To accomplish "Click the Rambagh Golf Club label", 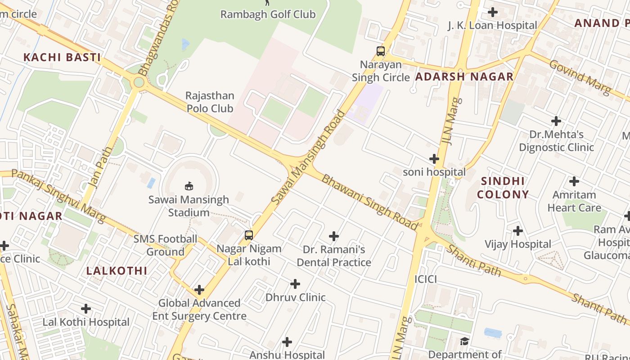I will [x=268, y=14].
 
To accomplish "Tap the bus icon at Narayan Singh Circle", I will [x=381, y=51].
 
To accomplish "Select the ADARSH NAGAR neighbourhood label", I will [x=464, y=77].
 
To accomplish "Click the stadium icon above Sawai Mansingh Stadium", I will [x=189, y=186].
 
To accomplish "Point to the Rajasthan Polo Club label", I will [x=210, y=102].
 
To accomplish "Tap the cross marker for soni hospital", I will [x=434, y=159].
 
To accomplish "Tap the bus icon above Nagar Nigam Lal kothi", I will [x=248, y=235].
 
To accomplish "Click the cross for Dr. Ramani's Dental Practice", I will [x=333, y=236].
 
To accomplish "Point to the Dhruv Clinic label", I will [x=295, y=297].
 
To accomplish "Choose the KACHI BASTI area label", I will [x=62, y=58].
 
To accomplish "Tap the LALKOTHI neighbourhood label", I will [x=117, y=271].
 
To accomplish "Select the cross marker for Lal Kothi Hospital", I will [x=85, y=309].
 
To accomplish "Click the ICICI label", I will [x=425, y=279].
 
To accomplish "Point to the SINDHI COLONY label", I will [x=503, y=188].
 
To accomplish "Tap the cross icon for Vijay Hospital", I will [x=518, y=231].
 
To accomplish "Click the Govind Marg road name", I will [x=580, y=77].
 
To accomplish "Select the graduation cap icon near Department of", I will [x=464, y=342].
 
